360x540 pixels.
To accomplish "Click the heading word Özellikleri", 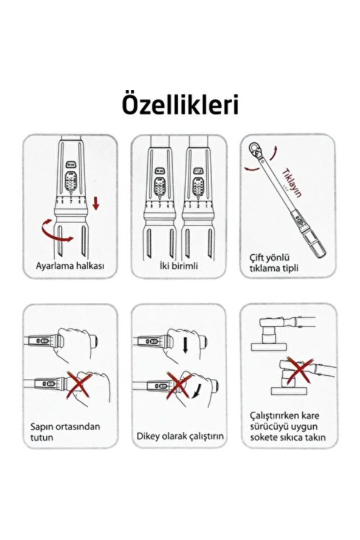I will pyautogui.click(x=180, y=104).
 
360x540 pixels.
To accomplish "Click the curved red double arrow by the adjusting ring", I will pyautogui.click(x=55, y=232).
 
